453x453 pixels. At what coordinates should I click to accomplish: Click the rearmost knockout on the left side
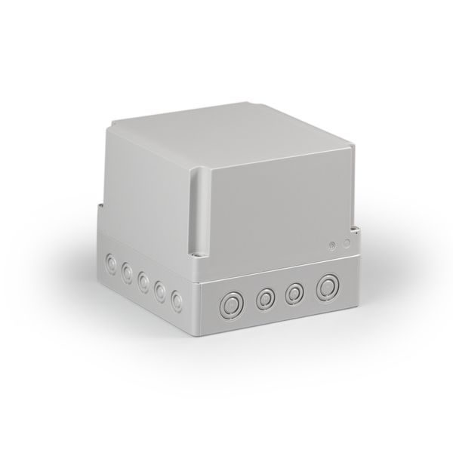(x=111, y=263)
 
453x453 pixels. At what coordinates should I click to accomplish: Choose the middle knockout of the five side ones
(x=143, y=282)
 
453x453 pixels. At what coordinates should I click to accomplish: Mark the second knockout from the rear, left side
(x=126, y=273)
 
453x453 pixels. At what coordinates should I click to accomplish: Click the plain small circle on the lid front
(x=347, y=243)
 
